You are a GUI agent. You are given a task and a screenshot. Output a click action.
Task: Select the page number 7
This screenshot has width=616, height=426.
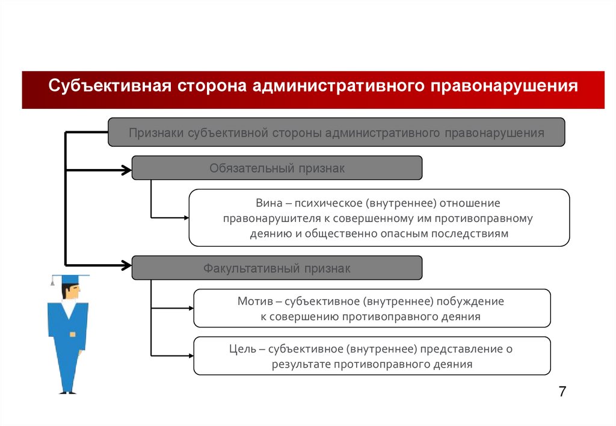coord(562,391)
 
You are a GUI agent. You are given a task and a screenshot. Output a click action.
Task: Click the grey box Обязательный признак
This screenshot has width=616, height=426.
coord(277,168)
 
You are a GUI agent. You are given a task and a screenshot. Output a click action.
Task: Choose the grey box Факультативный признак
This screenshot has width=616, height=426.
coord(277,268)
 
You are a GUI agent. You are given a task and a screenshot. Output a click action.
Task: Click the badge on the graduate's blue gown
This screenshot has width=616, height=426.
coord(73,333)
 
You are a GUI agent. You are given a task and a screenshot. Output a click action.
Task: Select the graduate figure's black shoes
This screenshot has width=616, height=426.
coord(68,392)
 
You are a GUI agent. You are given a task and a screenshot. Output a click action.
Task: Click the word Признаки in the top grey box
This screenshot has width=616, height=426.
coord(155,133)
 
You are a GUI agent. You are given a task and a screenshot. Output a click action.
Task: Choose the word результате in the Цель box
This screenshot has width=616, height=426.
coord(302,364)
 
